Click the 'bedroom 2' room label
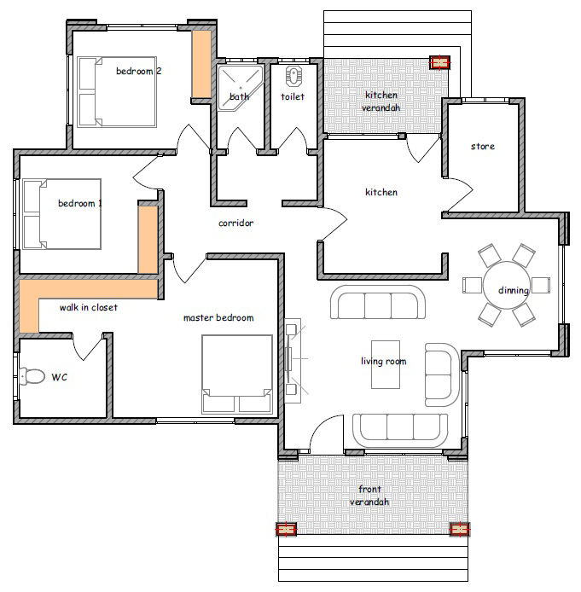[x=138, y=71]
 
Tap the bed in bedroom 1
[x=62, y=214]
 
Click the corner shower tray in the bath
[x=240, y=89]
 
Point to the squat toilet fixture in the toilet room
[x=292, y=76]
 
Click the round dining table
[x=506, y=285]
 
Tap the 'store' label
[x=483, y=146]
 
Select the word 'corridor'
[x=236, y=223]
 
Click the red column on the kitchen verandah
[x=440, y=62]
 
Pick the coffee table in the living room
[x=386, y=364]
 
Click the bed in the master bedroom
[x=237, y=374]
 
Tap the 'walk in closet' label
[x=89, y=307]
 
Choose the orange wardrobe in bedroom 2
[x=201, y=64]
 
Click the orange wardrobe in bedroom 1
[x=148, y=240]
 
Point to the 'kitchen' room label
[x=381, y=192]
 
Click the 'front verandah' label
[x=369, y=496]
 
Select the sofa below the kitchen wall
[x=378, y=302]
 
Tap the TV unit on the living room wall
[x=293, y=361]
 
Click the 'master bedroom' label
[x=218, y=317]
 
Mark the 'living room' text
[x=384, y=362]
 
